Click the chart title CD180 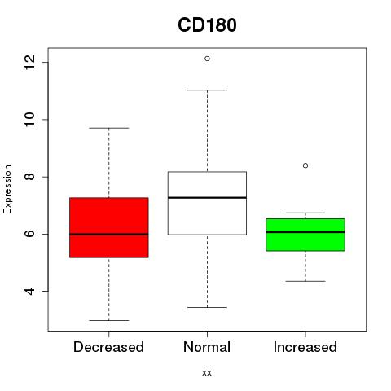pyautogui.click(x=207, y=25)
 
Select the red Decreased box pyautogui.click(x=109, y=227)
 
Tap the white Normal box pyautogui.click(x=207, y=203)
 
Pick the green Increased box pyautogui.click(x=305, y=235)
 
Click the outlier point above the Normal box pyautogui.click(x=207, y=59)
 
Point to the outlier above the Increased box pyautogui.click(x=305, y=165)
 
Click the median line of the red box pyautogui.click(x=109, y=234)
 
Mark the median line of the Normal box pyautogui.click(x=207, y=198)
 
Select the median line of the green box pyautogui.click(x=305, y=232)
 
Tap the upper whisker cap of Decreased pyautogui.click(x=109, y=128)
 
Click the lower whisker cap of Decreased pyautogui.click(x=109, y=320)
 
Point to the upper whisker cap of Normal pyautogui.click(x=207, y=90)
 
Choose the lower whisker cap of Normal pyautogui.click(x=207, y=307)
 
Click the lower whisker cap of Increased pyautogui.click(x=305, y=281)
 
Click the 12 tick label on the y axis pyautogui.click(x=30, y=62)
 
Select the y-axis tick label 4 pyautogui.click(x=30, y=291)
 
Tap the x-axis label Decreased pyautogui.click(x=108, y=347)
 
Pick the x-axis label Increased pyautogui.click(x=305, y=347)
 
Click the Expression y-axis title pyautogui.click(x=7, y=189)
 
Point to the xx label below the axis pyautogui.click(x=207, y=373)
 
